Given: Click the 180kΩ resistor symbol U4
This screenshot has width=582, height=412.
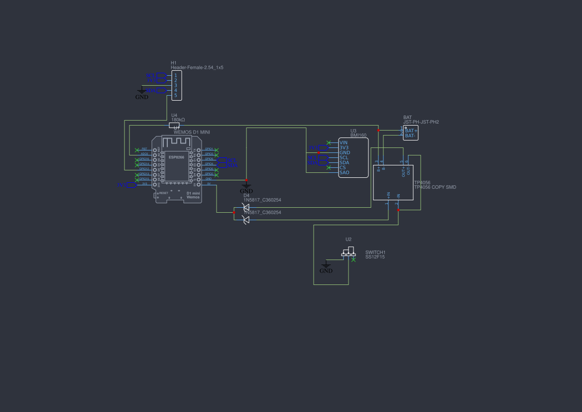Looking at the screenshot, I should click(174, 125).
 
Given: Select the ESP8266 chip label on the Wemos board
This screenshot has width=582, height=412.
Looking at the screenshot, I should click(176, 157).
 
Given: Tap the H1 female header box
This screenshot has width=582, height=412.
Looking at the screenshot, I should click(176, 85).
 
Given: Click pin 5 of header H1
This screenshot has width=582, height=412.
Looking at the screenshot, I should click(175, 95).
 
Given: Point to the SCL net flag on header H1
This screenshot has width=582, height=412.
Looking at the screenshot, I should click(161, 76).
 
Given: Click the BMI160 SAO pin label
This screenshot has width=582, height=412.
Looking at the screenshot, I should click(345, 172).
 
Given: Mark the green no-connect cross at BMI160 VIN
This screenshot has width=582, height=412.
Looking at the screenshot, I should click(329, 142).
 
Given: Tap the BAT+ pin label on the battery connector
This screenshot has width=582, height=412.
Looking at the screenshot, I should click(411, 131).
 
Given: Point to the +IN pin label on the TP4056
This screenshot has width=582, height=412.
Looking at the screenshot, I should click(388, 196).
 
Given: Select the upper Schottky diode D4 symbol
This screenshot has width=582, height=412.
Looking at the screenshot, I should click(245, 207).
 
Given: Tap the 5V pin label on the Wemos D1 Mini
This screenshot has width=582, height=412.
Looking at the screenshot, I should click(209, 183).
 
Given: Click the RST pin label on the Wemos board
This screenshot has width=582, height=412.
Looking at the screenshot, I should click(144, 149).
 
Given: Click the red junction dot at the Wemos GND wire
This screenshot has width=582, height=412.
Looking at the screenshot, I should click(246, 179).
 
